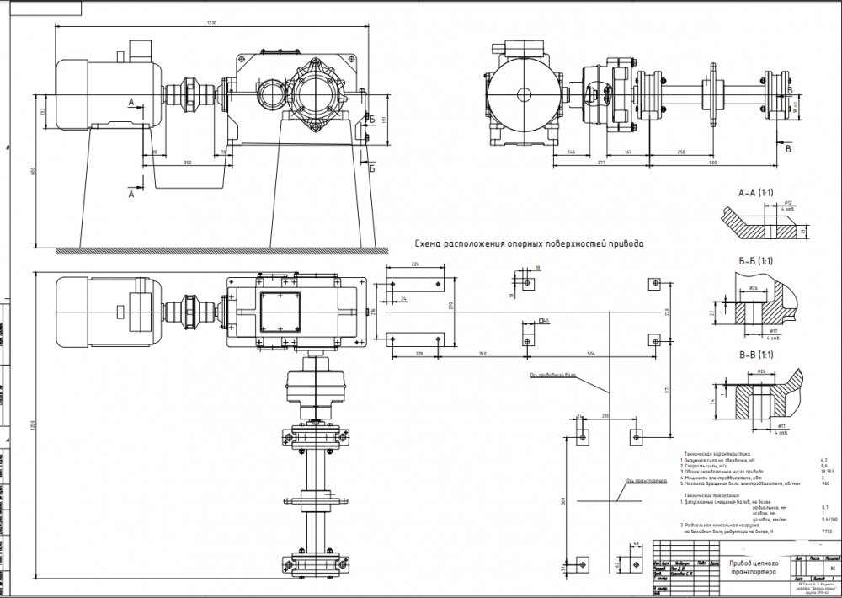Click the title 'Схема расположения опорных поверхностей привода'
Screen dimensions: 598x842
530,244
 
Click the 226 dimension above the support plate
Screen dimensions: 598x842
413,264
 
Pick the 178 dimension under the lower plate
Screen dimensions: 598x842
418,355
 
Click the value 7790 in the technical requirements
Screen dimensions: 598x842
826,532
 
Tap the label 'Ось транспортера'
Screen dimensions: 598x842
640,482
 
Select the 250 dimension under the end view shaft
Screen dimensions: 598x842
680,152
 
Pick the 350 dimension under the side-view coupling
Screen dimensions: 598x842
187,161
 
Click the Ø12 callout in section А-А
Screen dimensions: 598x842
789,203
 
